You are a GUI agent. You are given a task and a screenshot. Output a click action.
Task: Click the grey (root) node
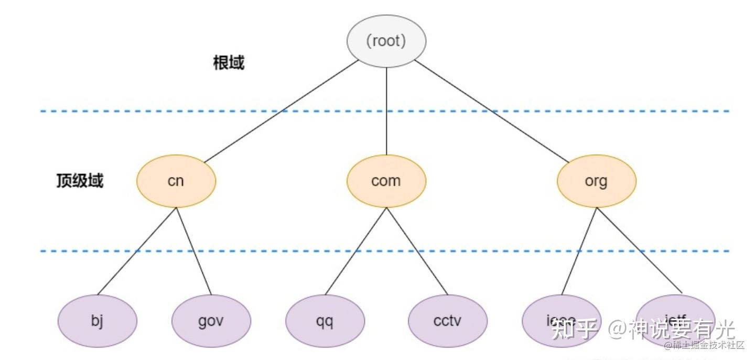[x=386, y=41]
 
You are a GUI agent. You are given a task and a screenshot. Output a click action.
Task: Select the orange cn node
[x=176, y=181]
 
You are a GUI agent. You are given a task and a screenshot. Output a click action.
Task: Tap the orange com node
[x=386, y=181]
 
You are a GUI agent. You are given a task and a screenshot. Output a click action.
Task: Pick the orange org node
[x=596, y=181]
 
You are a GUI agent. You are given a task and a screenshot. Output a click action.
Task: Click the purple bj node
[x=97, y=321]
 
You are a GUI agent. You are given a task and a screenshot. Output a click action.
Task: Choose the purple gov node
[x=211, y=321]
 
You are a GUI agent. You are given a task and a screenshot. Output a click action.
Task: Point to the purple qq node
[x=325, y=321]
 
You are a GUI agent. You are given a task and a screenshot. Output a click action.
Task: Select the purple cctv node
[x=447, y=321]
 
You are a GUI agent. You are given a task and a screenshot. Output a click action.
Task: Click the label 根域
[x=229, y=63]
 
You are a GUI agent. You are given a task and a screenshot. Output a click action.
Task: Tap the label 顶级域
[x=80, y=181]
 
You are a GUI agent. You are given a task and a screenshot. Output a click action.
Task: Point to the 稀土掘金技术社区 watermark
[x=704, y=345]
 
